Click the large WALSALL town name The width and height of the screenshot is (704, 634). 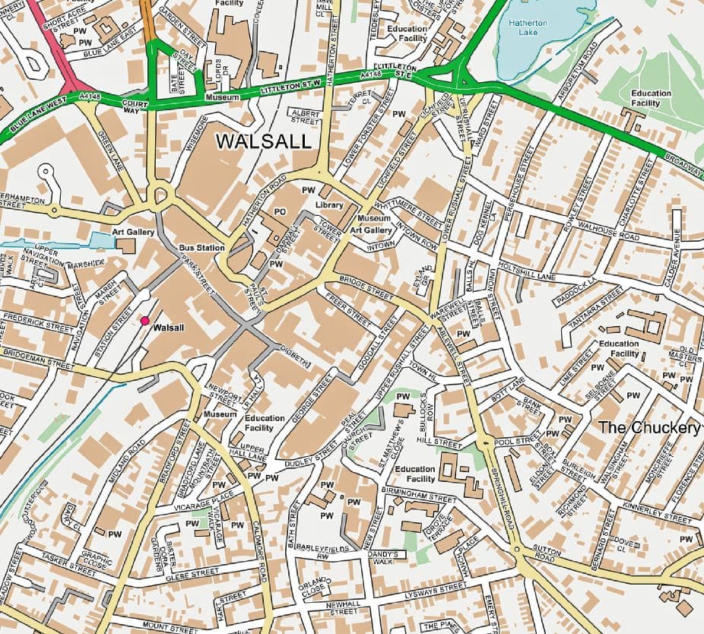pos(264,141)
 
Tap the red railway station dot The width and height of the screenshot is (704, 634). pos(144,322)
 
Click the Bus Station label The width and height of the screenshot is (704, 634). pos(201,248)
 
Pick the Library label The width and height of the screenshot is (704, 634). pos(330,205)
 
